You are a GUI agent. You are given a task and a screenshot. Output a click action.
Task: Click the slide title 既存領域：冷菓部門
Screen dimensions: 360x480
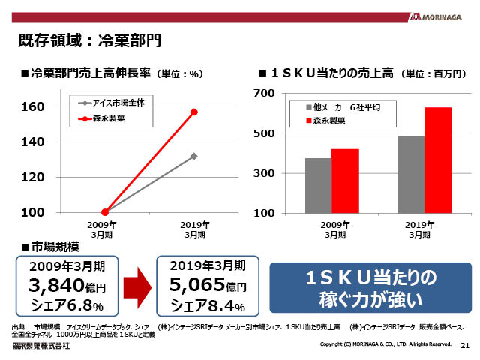(x=89, y=38)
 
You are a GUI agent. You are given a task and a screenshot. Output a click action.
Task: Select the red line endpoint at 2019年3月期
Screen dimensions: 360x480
(x=194, y=112)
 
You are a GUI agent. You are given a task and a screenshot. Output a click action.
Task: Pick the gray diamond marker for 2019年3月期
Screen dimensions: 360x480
(x=194, y=156)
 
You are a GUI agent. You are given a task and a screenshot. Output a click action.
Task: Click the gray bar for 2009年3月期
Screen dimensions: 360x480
(x=318, y=186)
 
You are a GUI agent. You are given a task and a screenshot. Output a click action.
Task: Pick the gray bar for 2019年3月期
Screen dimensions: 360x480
(x=411, y=175)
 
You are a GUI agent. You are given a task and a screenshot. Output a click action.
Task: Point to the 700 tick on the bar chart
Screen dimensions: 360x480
(x=266, y=93)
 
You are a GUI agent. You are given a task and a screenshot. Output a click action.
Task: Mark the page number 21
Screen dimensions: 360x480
(x=464, y=345)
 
